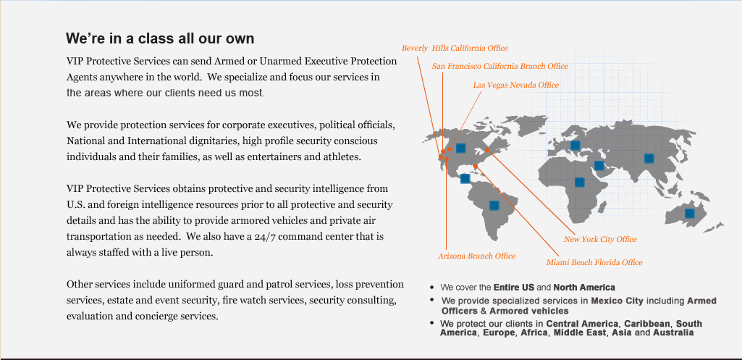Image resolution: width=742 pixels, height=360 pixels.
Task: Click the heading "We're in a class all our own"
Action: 160,38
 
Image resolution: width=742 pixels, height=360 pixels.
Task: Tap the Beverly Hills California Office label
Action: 455,48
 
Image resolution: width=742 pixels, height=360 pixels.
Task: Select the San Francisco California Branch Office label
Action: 499,67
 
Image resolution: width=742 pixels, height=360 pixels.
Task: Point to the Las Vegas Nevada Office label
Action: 516,85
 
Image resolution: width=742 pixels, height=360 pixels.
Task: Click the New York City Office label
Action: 600,239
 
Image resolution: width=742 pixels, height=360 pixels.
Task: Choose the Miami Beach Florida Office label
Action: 594,262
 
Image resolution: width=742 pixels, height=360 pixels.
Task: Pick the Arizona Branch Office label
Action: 476,256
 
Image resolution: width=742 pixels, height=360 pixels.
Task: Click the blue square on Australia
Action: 689,213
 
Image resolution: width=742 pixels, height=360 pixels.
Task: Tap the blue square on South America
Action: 494,205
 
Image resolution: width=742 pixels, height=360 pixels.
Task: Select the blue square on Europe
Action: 575,145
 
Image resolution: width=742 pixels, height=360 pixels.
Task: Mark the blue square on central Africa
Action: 579,182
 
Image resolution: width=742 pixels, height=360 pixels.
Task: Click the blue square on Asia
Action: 649,158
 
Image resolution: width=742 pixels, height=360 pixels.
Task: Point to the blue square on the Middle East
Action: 599,165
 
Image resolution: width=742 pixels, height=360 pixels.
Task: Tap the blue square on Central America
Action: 465,178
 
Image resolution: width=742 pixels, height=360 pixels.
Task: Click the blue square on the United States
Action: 461,148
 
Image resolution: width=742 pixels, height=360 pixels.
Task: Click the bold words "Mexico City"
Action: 617,301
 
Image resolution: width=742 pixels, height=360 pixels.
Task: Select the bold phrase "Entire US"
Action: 514,288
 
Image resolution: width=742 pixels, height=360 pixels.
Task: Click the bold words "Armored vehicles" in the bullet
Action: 529,311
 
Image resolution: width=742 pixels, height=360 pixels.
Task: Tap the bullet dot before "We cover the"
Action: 431,287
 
